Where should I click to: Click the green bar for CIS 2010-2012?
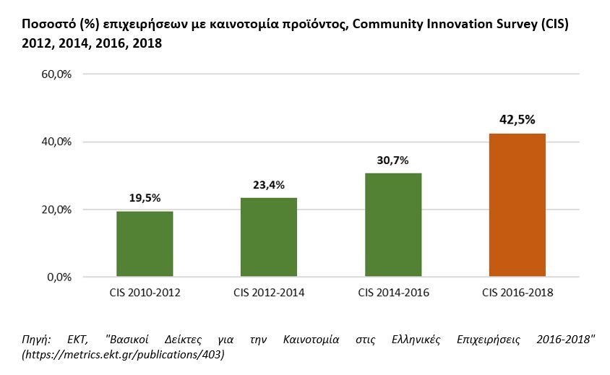tap(145, 243)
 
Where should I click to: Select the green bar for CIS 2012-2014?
tap(269, 237)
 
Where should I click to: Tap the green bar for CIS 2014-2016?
tap(393, 225)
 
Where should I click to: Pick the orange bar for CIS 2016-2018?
tap(517, 204)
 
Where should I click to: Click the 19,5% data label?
tap(145, 198)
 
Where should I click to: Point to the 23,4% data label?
tap(269, 185)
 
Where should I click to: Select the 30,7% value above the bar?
tap(393, 160)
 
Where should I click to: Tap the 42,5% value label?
tap(517, 120)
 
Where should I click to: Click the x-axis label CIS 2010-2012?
tap(145, 293)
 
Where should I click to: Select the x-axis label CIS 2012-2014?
tap(269, 293)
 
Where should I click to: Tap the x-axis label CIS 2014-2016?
tap(393, 293)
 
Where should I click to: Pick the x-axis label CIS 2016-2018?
tap(517, 293)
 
